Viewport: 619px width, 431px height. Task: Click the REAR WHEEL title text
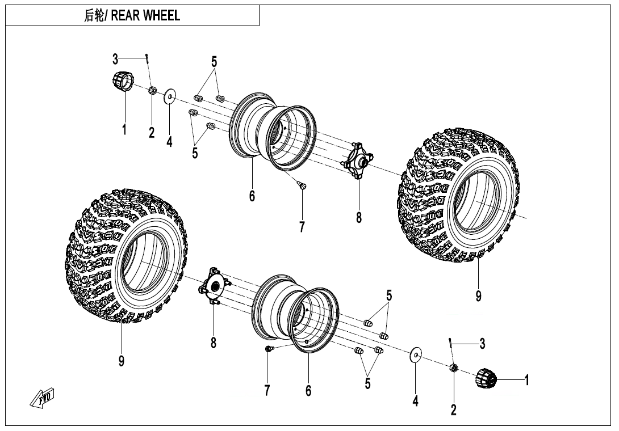(x=132, y=16)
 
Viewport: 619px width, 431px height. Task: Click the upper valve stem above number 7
(x=302, y=185)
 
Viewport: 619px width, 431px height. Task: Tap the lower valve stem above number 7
(x=269, y=349)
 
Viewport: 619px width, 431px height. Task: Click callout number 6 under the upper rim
(x=252, y=196)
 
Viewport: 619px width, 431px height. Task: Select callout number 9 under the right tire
(x=479, y=296)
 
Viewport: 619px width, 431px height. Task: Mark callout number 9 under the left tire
(x=122, y=361)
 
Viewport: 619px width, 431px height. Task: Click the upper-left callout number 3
(x=115, y=59)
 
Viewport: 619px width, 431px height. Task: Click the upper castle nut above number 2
(x=152, y=90)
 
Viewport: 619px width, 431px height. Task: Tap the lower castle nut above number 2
(x=454, y=369)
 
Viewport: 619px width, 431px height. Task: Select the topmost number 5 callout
(x=214, y=62)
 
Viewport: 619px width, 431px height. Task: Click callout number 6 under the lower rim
(x=308, y=391)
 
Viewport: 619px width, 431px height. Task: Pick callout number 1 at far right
(x=527, y=380)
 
